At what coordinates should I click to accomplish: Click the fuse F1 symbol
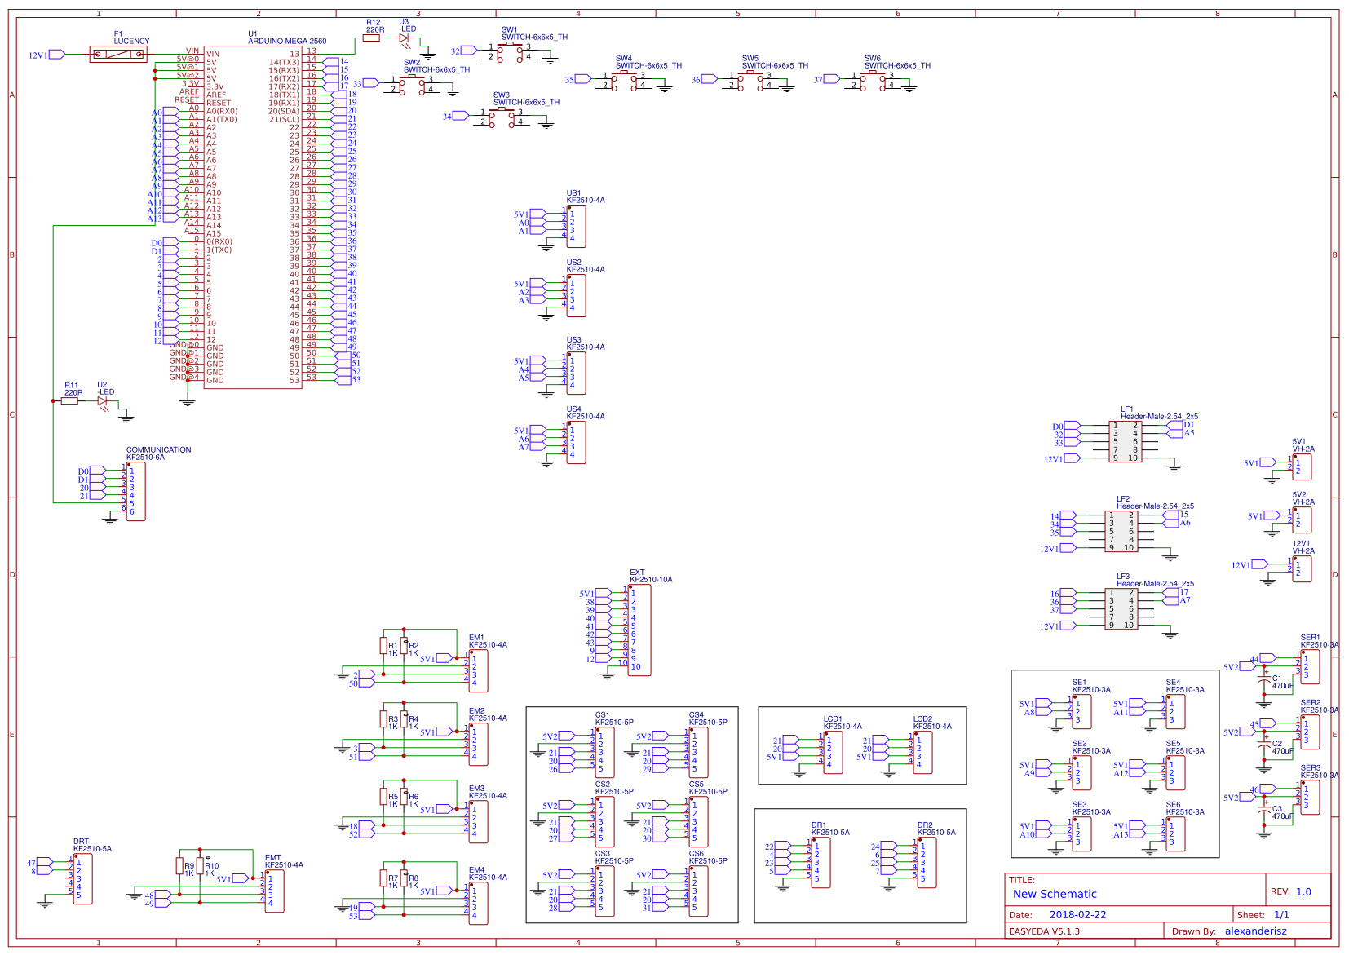pyautogui.click(x=118, y=55)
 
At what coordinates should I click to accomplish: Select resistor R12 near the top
pyautogui.click(x=373, y=38)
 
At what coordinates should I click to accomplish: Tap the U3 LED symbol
pyautogui.click(x=405, y=38)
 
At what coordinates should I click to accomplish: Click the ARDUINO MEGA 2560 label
pyautogui.click(x=287, y=41)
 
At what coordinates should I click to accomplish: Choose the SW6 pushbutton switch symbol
pyautogui.click(x=874, y=77)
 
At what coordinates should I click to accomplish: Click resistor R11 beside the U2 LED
pyautogui.click(x=70, y=400)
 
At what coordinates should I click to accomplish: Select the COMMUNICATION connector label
pyautogui.click(x=158, y=449)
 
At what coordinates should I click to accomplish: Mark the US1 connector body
pyautogui.click(x=577, y=226)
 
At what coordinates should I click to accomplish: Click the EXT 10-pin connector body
pyautogui.click(x=639, y=629)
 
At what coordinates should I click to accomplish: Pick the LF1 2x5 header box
pyautogui.click(x=1125, y=441)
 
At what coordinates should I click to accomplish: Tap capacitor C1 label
pyautogui.click(x=1277, y=678)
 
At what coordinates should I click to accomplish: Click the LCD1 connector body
pyautogui.click(x=833, y=752)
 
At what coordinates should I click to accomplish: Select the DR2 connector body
pyautogui.click(x=927, y=862)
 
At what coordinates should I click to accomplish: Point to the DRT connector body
pyautogui.click(x=82, y=878)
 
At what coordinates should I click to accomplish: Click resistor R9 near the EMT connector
pyautogui.click(x=179, y=866)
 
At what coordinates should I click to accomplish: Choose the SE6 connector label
pyautogui.click(x=1173, y=805)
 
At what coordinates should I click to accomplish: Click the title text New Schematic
pyautogui.click(x=1055, y=894)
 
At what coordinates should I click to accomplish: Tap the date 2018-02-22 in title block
pyautogui.click(x=1077, y=915)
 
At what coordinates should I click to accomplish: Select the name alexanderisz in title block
pyautogui.click(x=1255, y=931)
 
